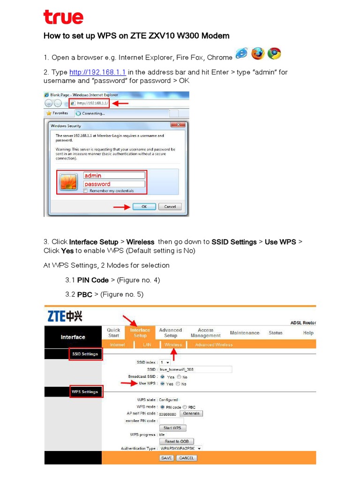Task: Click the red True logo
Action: [63, 17]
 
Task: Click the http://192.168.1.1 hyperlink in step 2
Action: [97, 72]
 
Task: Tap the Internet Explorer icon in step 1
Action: [242, 54]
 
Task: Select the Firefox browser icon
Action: [258, 54]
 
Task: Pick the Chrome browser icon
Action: [274, 54]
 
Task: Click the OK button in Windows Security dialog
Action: [144, 207]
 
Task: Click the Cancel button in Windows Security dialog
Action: [170, 207]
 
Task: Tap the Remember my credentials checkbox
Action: [85, 191]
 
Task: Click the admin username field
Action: [114, 175]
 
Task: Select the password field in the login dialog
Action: [114, 184]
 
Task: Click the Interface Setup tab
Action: [140, 333]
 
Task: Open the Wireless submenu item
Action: [173, 345]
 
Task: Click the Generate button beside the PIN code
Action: [191, 413]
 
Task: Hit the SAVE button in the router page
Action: [166, 458]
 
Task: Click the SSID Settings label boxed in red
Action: [85, 354]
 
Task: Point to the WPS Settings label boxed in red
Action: [85, 392]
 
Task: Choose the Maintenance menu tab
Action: [244, 333]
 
